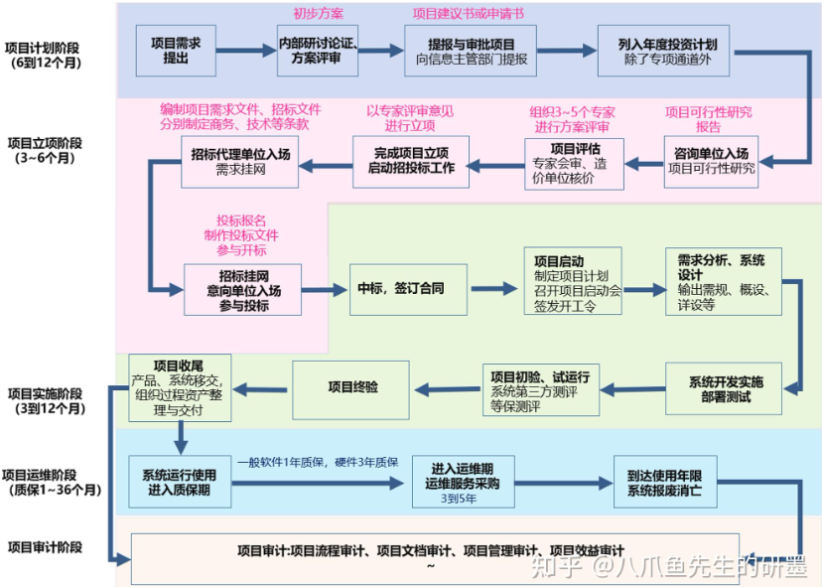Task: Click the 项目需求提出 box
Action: coord(175,51)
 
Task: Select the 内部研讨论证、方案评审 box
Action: coord(317,51)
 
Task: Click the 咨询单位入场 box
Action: coord(710,161)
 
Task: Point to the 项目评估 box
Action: coord(575,161)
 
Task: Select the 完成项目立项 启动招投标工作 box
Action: coord(410,161)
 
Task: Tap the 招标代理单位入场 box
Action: coord(240,161)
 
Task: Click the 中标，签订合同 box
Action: coord(400,289)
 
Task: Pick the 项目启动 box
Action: coord(577,281)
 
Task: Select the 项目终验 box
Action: coord(352,386)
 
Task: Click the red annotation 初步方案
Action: coord(318,13)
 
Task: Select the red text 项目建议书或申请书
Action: coord(469,13)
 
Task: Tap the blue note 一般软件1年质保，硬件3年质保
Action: coord(318,462)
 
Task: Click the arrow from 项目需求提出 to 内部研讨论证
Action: coord(246,51)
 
